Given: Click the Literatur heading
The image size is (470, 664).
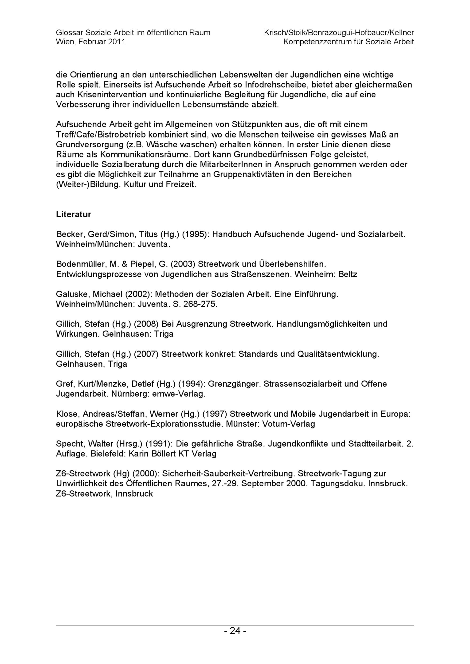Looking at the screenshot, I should (x=74, y=214).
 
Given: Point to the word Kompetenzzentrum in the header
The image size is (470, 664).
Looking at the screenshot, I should (x=317, y=42).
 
